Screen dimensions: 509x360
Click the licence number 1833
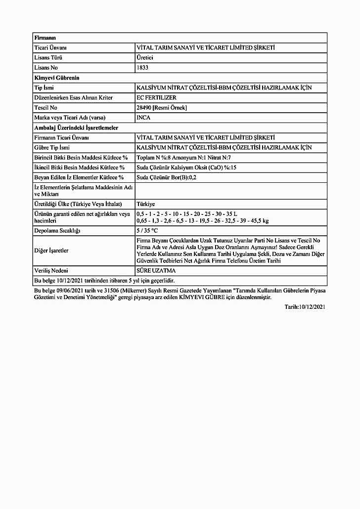142,68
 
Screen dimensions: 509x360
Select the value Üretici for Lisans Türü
144,58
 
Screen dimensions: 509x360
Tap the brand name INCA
143,118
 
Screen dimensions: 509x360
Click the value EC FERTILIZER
156,97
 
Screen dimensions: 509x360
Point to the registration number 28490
144,107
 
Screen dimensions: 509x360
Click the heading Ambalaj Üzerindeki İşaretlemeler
76,127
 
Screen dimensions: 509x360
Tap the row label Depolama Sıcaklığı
57,231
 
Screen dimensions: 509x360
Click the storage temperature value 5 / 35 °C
147,231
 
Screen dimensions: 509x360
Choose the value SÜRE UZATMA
156,271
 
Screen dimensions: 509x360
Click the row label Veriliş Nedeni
51,271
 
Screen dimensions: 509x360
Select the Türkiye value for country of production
145,204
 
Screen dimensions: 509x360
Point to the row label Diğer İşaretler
51,251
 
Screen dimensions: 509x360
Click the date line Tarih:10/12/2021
305,307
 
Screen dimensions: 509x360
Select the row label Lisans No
46,68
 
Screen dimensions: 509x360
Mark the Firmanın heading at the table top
45,38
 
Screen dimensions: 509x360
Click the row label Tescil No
46,107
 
